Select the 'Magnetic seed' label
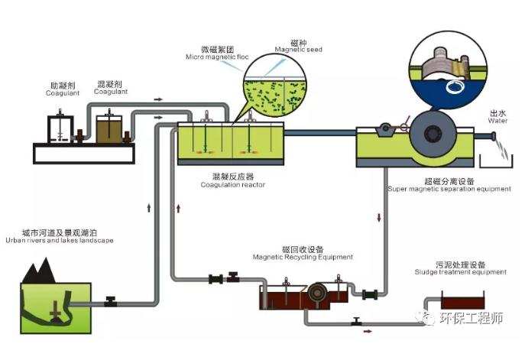(298, 50)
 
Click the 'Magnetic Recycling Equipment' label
(302, 258)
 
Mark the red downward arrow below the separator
(380, 219)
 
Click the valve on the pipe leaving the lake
(111, 303)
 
